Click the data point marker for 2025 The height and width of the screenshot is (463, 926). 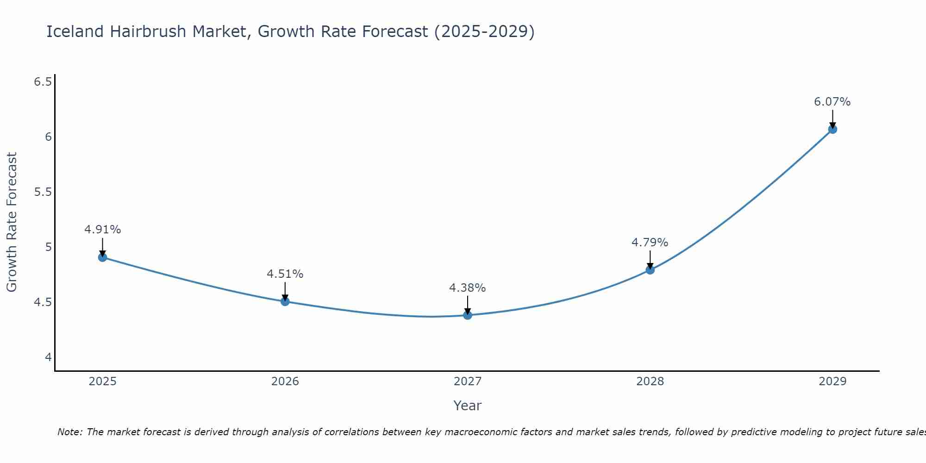[103, 257]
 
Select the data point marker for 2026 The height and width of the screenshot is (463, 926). [285, 301]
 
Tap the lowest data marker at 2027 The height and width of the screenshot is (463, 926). [468, 315]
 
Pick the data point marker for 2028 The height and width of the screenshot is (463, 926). [650, 270]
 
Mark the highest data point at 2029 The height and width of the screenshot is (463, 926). [832, 129]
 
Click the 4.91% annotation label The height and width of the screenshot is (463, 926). [103, 230]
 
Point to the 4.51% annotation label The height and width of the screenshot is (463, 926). [285, 274]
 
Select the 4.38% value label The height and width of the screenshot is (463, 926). [468, 288]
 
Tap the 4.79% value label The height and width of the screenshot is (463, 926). [650, 243]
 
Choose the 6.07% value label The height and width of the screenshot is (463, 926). [832, 102]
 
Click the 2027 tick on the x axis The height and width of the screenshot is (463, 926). [468, 382]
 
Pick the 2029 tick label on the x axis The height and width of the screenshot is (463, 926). [832, 382]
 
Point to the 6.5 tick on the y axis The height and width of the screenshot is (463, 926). [43, 82]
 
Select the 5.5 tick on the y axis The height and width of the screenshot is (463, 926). [43, 192]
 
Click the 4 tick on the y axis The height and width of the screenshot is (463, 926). [48, 357]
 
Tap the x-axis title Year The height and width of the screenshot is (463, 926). [468, 406]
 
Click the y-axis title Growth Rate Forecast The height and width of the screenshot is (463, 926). [12, 222]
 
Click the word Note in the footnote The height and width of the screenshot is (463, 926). [69, 432]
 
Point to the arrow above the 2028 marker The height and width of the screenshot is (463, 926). [650, 259]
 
